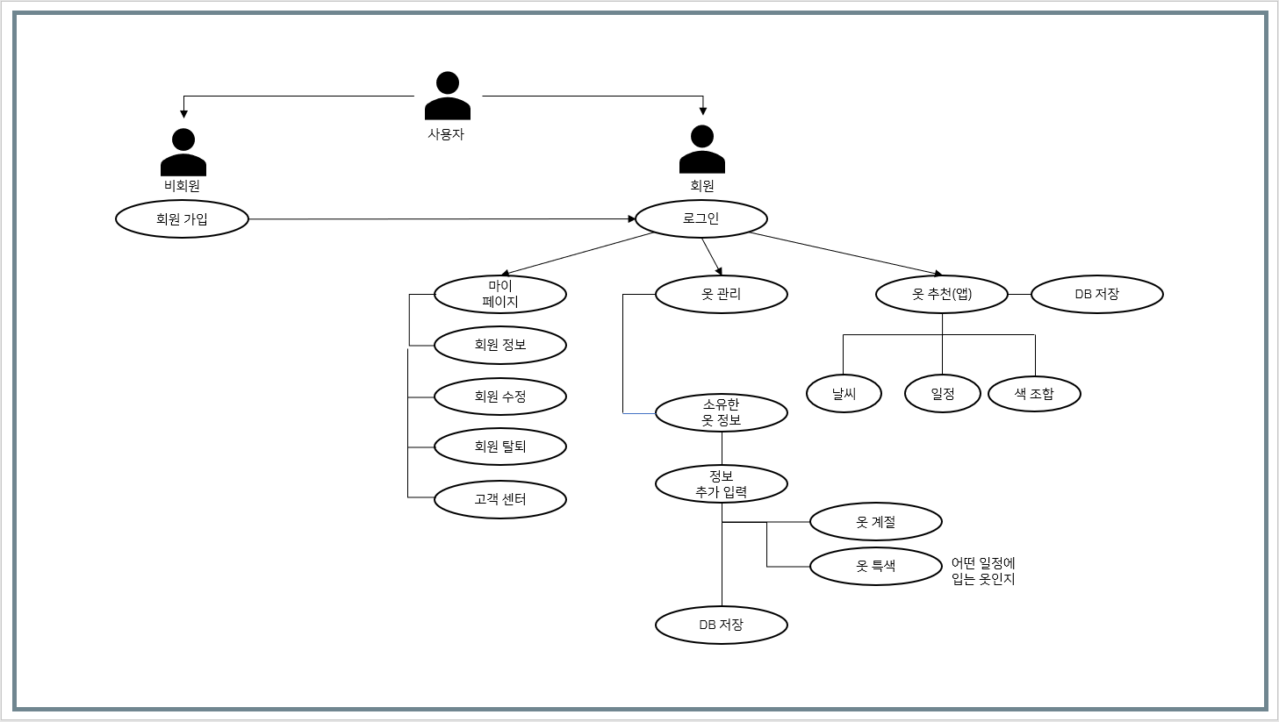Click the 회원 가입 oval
pos(182,219)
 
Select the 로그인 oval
pos(701,218)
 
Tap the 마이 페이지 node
pos(500,295)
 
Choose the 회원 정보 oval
pos(500,345)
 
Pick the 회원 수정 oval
pos(500,397)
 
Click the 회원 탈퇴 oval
pos(500,447)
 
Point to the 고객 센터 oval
pos(500,499)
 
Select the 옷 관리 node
pos(722,295)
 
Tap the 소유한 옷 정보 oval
pos(722,412)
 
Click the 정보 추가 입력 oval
pos(722,484)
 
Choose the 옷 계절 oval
pos(876,522)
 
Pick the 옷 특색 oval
pos(876,566)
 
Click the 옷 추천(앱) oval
pos(942,295)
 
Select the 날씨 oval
pos(844,394)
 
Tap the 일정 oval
pos(943,394)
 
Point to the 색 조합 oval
pos(1034,394)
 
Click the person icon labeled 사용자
pos(448,96)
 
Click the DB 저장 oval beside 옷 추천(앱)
pos(1096,295)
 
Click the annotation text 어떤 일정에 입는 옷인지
pos(983,571)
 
